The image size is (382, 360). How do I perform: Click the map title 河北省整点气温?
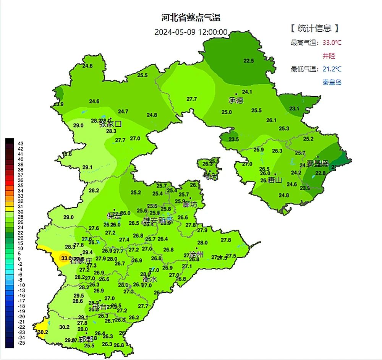tap(191, 18)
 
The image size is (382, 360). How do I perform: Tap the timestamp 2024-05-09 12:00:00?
tap(191, 32)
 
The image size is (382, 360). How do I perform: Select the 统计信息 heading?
tap(314, 28)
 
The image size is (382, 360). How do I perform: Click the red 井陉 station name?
tap(329, 56)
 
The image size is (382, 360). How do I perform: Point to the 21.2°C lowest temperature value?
tap(332, 69)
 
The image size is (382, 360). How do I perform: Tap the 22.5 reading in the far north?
tap(249, 61)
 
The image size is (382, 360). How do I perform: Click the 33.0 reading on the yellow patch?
tap(66, 258)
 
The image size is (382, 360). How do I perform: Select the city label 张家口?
tap(110, 124)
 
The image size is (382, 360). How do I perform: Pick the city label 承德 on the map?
tap(236, 100)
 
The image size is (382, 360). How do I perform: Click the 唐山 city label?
tap(275, 180)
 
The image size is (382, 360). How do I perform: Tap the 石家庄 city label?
tap(81, 261)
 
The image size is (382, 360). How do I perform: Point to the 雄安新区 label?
tap(158, 221)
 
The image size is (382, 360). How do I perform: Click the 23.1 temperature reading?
tap(294, 109)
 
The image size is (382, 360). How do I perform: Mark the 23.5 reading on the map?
tap(233, 139)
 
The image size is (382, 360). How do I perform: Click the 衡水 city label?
tap(150, 279)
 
